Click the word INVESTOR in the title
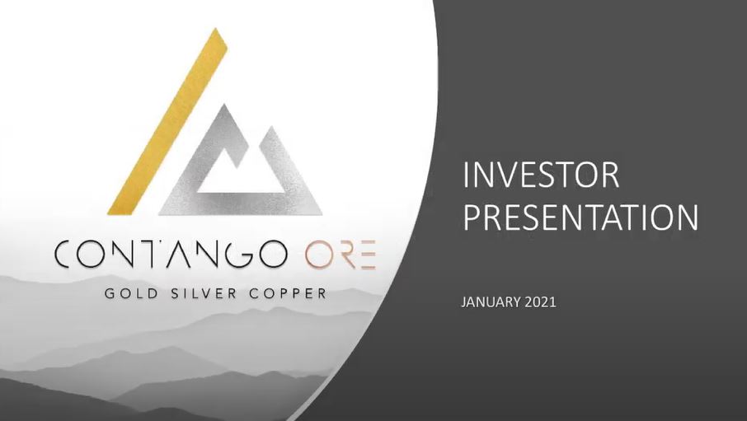click(540, 175)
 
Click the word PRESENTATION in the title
click(580, 217)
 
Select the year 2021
click(539, 303)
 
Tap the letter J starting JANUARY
click(463, 303)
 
